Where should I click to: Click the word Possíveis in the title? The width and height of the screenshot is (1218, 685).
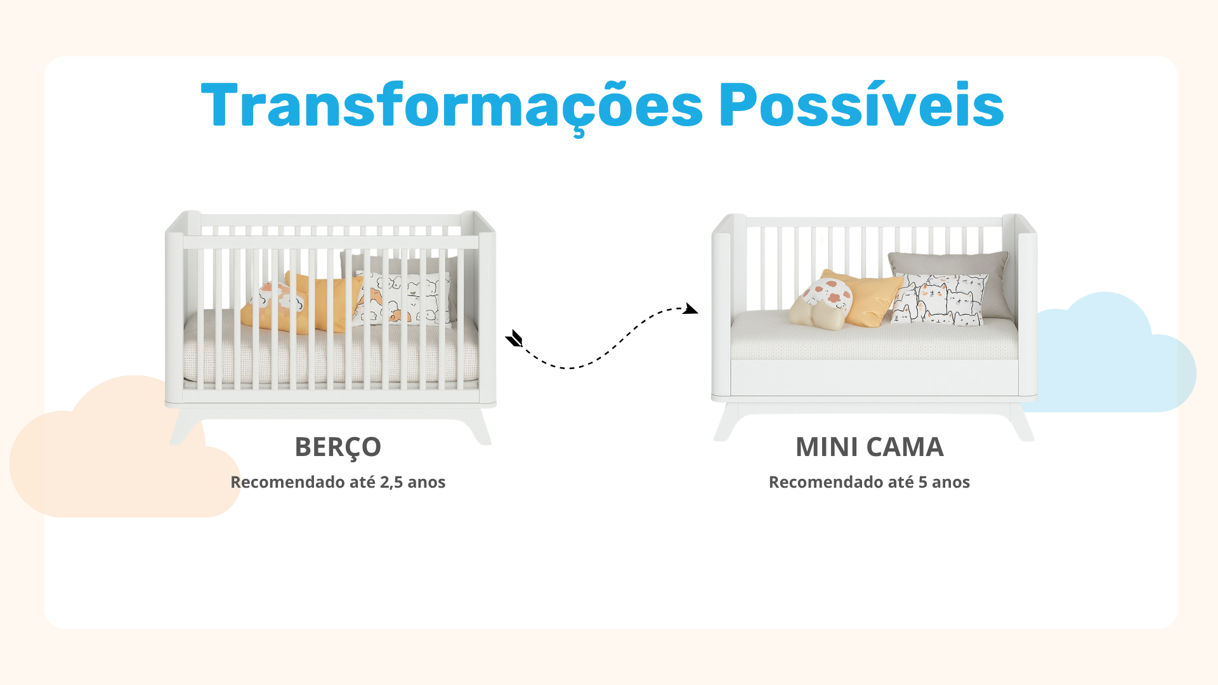(x=861, y=104)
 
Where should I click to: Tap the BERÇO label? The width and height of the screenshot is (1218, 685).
(x=337, y=448)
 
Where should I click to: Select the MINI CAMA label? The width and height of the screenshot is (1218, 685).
(x=870, y=447)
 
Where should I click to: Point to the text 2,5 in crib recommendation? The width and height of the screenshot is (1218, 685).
(x=391, y=483)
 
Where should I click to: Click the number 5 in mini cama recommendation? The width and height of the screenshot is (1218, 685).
(x=923, y=483)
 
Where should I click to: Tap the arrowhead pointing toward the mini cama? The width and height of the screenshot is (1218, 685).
(x=691, y=309)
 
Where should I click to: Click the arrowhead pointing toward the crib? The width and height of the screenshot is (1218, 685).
(x=514, y=339)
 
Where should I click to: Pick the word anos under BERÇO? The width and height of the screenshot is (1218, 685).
(x=426, y=483)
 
